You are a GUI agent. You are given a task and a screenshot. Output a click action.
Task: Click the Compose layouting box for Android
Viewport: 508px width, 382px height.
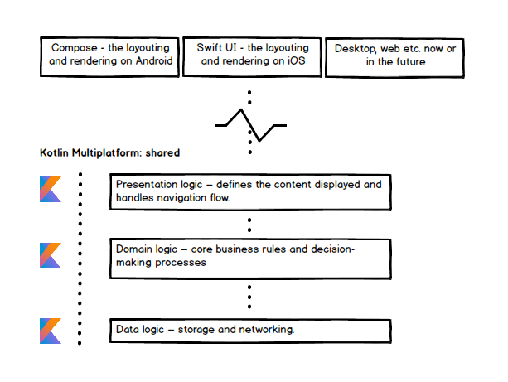[x=110, y=56]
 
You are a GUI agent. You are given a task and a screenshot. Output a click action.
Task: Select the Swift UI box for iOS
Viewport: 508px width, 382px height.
[x=250, y=56]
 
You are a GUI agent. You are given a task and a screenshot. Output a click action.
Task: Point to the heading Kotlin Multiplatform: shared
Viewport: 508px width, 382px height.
[x=110, y=153]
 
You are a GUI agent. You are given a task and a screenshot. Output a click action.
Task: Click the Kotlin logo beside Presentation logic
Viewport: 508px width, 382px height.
[x=51, y=189]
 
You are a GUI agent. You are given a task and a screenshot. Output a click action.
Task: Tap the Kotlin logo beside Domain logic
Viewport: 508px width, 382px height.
[x=51, y=255]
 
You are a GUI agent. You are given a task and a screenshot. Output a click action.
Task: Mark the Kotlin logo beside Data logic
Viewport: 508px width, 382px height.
[x=51, y=330]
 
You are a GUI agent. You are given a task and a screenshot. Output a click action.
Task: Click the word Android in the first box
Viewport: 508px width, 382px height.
[x=154, y=61]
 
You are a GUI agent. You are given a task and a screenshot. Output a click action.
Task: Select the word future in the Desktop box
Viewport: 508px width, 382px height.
[x=409, y=61]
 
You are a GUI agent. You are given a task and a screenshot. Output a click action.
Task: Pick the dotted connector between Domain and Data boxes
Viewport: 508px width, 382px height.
[x=249, y=296]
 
